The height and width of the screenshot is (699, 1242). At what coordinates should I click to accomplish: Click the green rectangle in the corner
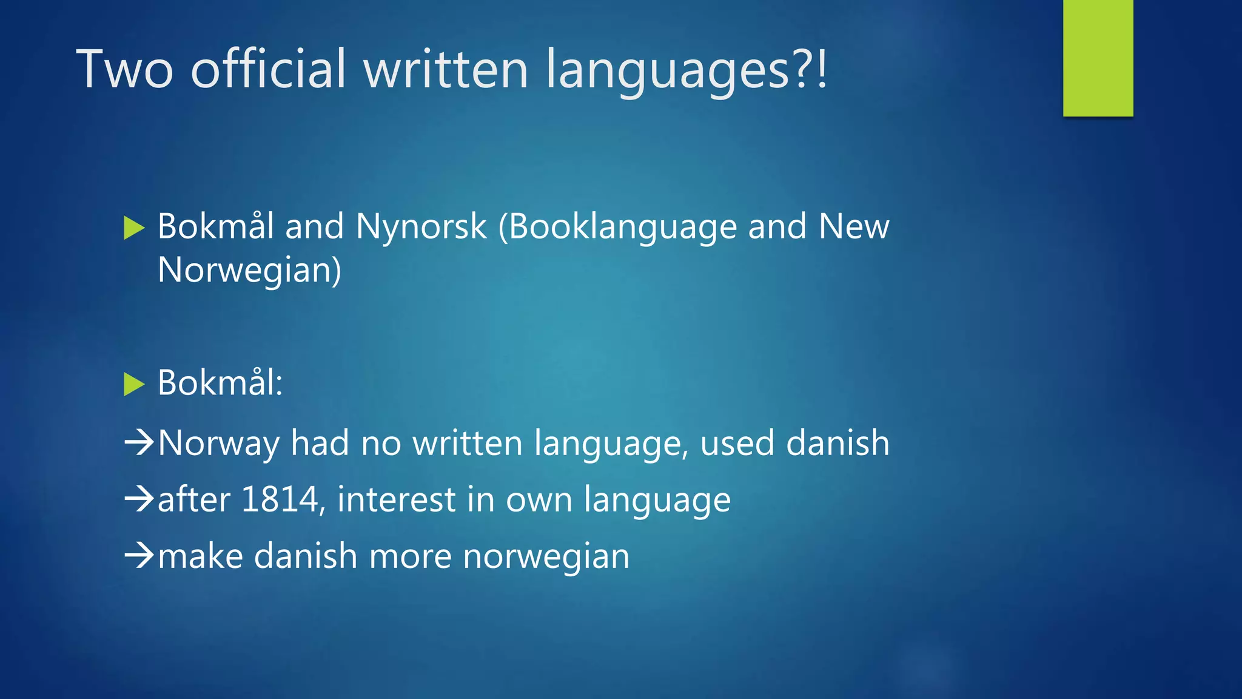coord(1098,58)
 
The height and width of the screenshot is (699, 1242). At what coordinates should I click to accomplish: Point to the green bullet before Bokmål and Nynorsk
coord(134,228)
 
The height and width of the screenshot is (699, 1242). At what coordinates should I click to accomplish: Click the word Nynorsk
coord(421,227)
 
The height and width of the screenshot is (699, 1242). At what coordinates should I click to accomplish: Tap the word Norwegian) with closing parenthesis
coord(249,271)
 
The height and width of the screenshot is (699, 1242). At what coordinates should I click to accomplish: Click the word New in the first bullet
coord(853,227)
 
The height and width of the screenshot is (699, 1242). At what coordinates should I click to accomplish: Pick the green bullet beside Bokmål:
coord(134,384)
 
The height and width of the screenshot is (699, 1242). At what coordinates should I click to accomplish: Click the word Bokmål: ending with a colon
coord(220,383)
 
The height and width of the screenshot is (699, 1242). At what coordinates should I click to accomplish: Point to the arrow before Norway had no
coord(139,442)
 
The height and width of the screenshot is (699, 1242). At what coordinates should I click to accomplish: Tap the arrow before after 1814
coord(139,499)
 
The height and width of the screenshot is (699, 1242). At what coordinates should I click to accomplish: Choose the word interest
coord(396,499)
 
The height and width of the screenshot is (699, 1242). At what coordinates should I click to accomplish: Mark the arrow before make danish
coord(139,555)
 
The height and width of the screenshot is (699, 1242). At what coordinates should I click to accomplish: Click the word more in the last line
coord(410,556)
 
